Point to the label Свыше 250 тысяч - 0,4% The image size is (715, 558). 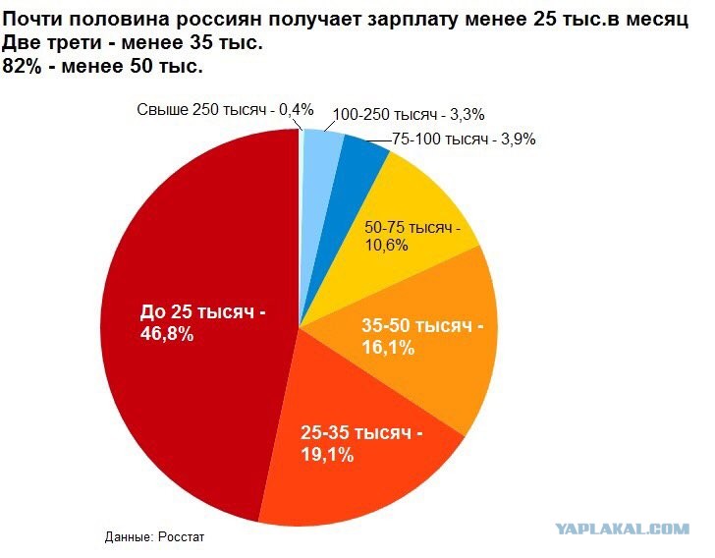(225, 110)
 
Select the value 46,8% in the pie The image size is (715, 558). (168, 334)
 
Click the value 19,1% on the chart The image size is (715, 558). (326, 455)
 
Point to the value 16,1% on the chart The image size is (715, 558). (388, 347)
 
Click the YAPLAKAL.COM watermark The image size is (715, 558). (622, 529)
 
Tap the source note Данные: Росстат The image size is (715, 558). (156, 537)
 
